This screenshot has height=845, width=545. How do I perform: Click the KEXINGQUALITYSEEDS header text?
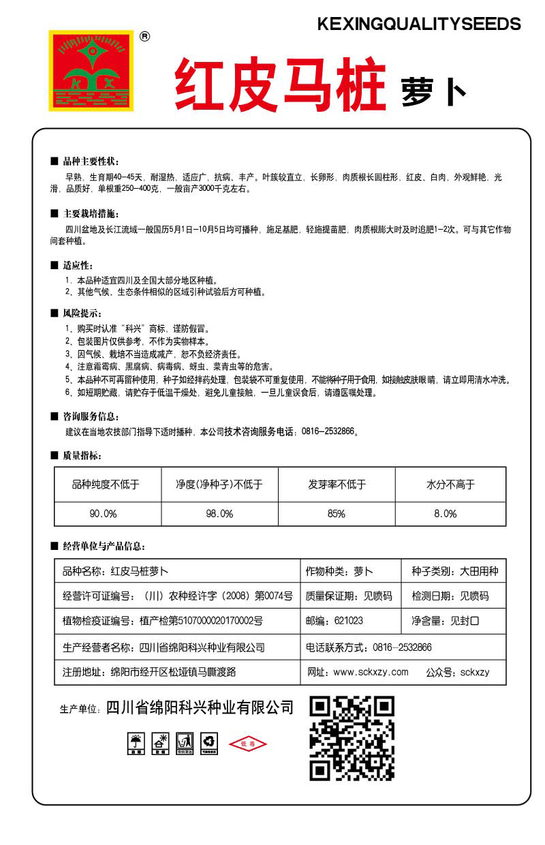pos(419,25)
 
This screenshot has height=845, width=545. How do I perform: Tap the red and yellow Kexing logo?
pos(91,70)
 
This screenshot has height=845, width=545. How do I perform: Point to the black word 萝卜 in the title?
pos(433,92)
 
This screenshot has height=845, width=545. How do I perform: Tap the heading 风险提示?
pos(81,313)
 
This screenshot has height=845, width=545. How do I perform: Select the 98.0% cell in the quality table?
pos(219,514)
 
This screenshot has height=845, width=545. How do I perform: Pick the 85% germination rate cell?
pos(337,514)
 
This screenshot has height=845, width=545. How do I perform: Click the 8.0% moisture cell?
pos(446,514)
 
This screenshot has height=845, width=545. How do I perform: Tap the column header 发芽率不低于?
pos(337,485)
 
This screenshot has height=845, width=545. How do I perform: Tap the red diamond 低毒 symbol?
pos(247,744)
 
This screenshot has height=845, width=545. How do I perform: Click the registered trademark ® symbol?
pos(144,37)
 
